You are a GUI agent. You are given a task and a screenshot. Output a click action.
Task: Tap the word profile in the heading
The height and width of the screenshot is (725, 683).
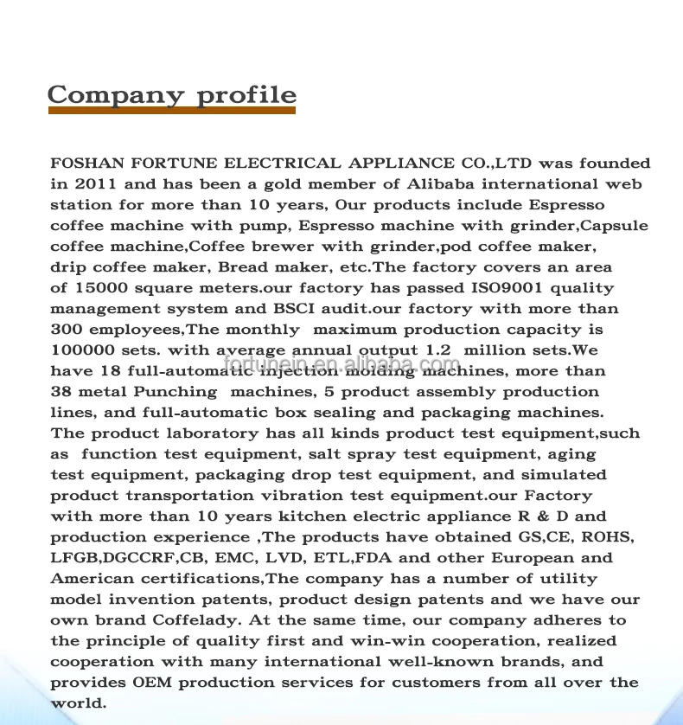[x=247, y=96]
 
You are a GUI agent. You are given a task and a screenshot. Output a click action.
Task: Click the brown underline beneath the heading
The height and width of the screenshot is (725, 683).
[x=171, y=111]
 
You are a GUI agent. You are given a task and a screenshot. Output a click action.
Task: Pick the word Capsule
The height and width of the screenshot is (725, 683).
[x=614, y=225]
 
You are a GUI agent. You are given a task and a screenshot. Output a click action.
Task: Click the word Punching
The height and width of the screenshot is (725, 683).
[x=176, y=391]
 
